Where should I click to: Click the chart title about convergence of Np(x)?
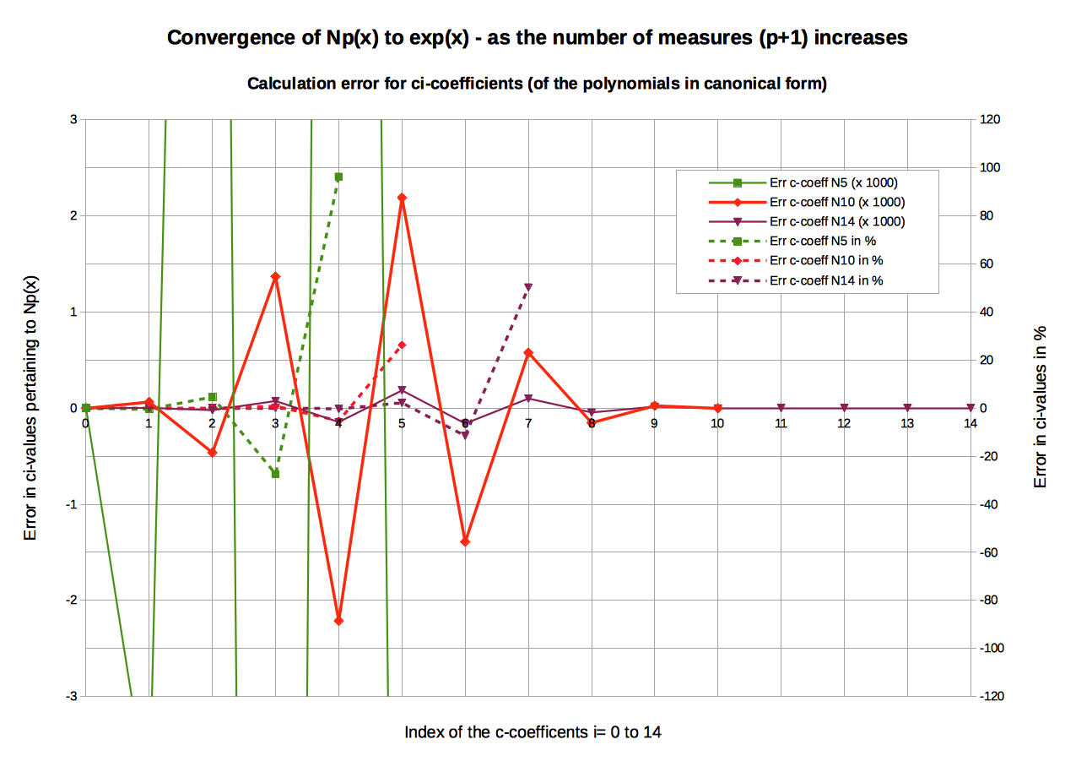(x=537, y=38)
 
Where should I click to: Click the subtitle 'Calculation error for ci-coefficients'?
(x=537, y=84)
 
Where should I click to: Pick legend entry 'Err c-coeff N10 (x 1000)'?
(x=837, y=202)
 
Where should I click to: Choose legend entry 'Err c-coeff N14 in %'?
(x=826, y=280)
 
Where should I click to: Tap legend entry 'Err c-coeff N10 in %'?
(x=826, y=260)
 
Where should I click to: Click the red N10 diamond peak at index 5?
(x=402, y=198)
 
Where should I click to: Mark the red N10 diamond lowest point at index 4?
(x=338, y=621)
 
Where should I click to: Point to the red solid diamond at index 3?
(x=275, y=276)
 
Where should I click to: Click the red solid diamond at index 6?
(x=465, y=541)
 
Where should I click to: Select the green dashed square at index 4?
(x=338, y=177)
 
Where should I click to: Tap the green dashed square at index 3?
(x=275, y=474)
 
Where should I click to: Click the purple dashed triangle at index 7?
(x=528, y=287)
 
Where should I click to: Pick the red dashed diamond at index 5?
(x=402, y=345)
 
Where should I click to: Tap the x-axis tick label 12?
(x=844, y=422)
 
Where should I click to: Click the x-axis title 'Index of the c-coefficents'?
(x=533, y=731)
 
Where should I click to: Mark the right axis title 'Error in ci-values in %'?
(x=1041, y=407)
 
